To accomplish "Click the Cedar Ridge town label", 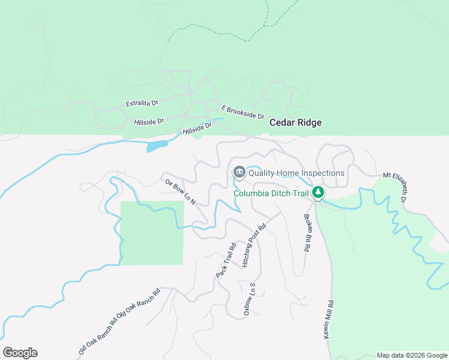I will (x=295, y=122).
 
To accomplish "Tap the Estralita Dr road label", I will (x=142, y=104).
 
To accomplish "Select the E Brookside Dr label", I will (x=243, y=112).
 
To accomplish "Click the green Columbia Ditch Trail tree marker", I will (x=318, y=193).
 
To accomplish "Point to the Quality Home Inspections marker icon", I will (x=239, y=173).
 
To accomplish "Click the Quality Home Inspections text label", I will (x=297, y=173).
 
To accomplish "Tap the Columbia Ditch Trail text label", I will (x=271, y=193).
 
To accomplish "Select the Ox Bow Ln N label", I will (x=181, y=191).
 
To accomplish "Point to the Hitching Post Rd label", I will (x=254, y=246).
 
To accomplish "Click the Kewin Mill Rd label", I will (x=330, y=320).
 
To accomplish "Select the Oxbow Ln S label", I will (x=250, y=300).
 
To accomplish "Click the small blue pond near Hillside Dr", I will (x=156, y=146).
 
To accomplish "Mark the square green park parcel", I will (x=152, y=233).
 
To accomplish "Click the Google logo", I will (x=20, y=353).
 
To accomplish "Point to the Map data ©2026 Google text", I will (x=412, y=355).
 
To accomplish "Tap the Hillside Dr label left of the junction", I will (x=149, y=122).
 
